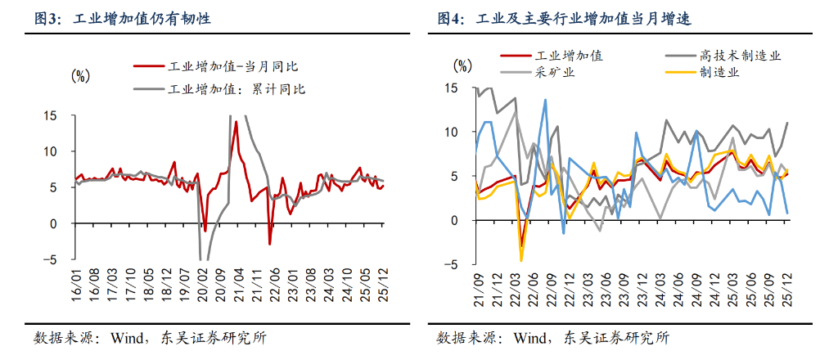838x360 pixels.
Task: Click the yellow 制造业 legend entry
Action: (719, 72)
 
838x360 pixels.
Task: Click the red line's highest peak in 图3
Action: (236, 122)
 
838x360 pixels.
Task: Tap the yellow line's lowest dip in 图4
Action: (521, 261)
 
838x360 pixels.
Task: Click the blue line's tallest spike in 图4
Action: (545, 101)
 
